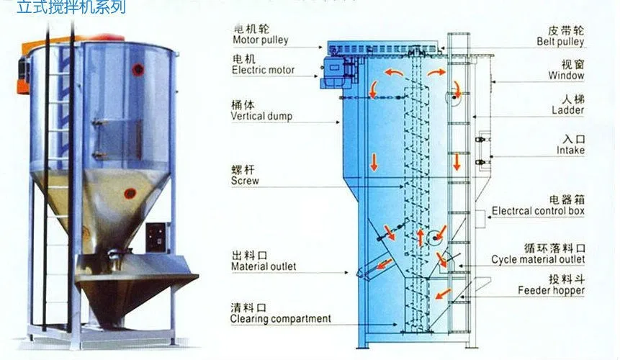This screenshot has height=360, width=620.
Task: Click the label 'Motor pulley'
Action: point(259,40)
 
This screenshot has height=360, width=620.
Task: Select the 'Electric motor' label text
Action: point(264,71)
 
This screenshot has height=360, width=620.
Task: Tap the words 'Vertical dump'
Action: point(261,116)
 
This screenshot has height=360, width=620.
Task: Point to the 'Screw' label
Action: point(245,181)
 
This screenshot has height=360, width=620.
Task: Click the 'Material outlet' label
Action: point(264,266)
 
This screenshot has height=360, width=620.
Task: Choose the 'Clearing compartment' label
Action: point(281,318)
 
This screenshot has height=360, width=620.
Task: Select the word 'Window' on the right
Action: point(566,76)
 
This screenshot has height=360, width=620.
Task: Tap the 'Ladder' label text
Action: point(568,111)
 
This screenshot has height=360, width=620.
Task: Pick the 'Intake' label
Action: point(570,150)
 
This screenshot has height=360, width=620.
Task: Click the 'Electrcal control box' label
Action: point(538,211)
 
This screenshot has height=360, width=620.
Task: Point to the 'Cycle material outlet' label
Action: point(538,259)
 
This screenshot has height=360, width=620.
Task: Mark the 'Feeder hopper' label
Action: point(552,291)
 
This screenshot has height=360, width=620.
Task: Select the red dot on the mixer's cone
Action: point(130,192)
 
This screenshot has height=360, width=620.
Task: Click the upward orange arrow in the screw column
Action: point(421,236)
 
